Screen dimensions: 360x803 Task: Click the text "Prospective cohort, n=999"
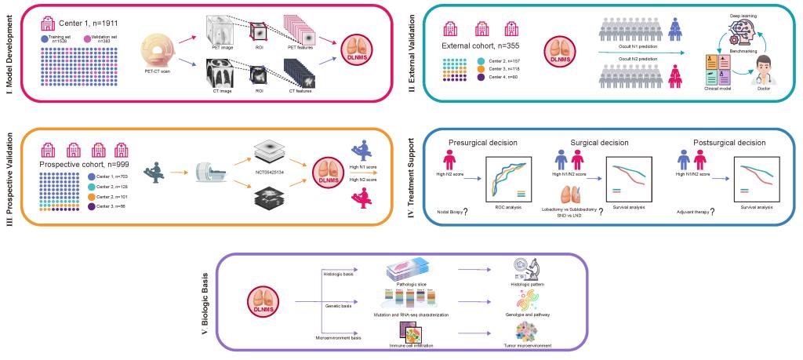[x=88, y=166]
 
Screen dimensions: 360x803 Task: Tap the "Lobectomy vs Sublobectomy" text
[x=569, y=209]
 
